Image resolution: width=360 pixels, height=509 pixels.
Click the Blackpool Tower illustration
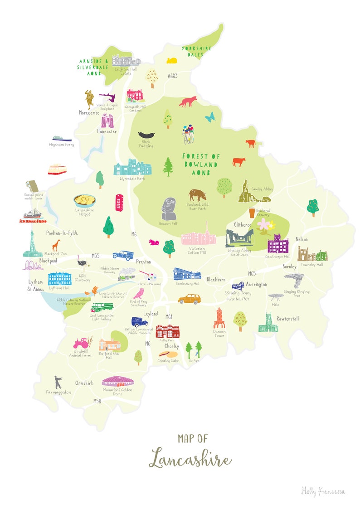pos(33,239)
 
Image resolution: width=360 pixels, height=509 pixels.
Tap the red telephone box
pos(119,203)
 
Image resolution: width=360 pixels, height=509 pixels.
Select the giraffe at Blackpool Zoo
pos(55,245)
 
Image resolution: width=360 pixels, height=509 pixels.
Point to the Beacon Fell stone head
pos(168,208)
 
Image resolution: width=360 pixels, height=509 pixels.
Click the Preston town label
pos(143,262)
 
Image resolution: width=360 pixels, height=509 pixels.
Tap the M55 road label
pos(95,256)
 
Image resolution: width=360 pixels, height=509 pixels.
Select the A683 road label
pos(173,76)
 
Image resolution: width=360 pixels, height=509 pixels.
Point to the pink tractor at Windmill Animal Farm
pos(82,342)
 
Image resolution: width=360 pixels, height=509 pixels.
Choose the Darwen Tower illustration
pos(219,318)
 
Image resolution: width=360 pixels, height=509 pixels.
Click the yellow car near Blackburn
pos(190,298)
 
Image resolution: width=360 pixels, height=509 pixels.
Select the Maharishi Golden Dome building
pos(117,381)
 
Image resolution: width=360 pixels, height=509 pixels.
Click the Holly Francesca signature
pos(323,491)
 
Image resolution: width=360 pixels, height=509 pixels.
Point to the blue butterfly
pos(209,117)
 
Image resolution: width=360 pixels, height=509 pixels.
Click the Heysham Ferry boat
pos(62,138)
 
